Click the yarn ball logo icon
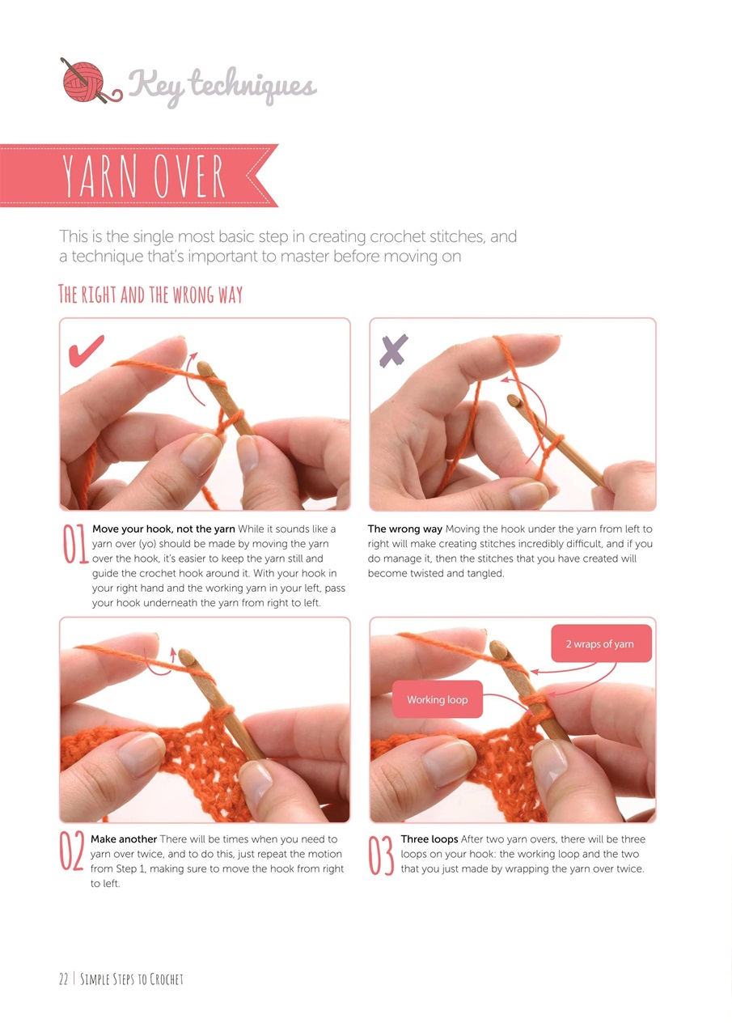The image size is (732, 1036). (x=90, y=81)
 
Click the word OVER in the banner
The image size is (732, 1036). (x=189, y=176)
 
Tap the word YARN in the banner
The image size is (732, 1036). (x=99, y=176)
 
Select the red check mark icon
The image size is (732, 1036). (x=86, y=351)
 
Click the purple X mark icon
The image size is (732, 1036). (x=393, y=350)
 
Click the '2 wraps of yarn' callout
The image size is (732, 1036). (x=601, y=643)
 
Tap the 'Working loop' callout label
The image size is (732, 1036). (x=437, y=700)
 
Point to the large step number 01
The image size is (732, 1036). (x=75, y=544)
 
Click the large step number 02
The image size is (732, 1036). (x=73, y=851)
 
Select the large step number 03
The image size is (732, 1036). (x=381, y=856)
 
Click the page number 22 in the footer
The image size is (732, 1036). (x=63, y=979)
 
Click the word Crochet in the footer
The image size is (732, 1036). (x=167, y=979)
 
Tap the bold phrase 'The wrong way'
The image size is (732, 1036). (x=404, y=529)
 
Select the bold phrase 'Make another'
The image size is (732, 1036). (x=124, y=839)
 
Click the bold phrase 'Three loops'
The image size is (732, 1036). (x=429, y=839)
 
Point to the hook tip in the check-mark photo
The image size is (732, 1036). (x=204, y=368)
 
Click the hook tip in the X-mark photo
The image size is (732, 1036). (x=512, y=400)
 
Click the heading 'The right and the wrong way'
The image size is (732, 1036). (x=150, y=294)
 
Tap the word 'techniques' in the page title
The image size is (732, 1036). (x=253, y=86)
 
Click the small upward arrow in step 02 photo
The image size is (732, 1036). (x=173, y=655)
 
